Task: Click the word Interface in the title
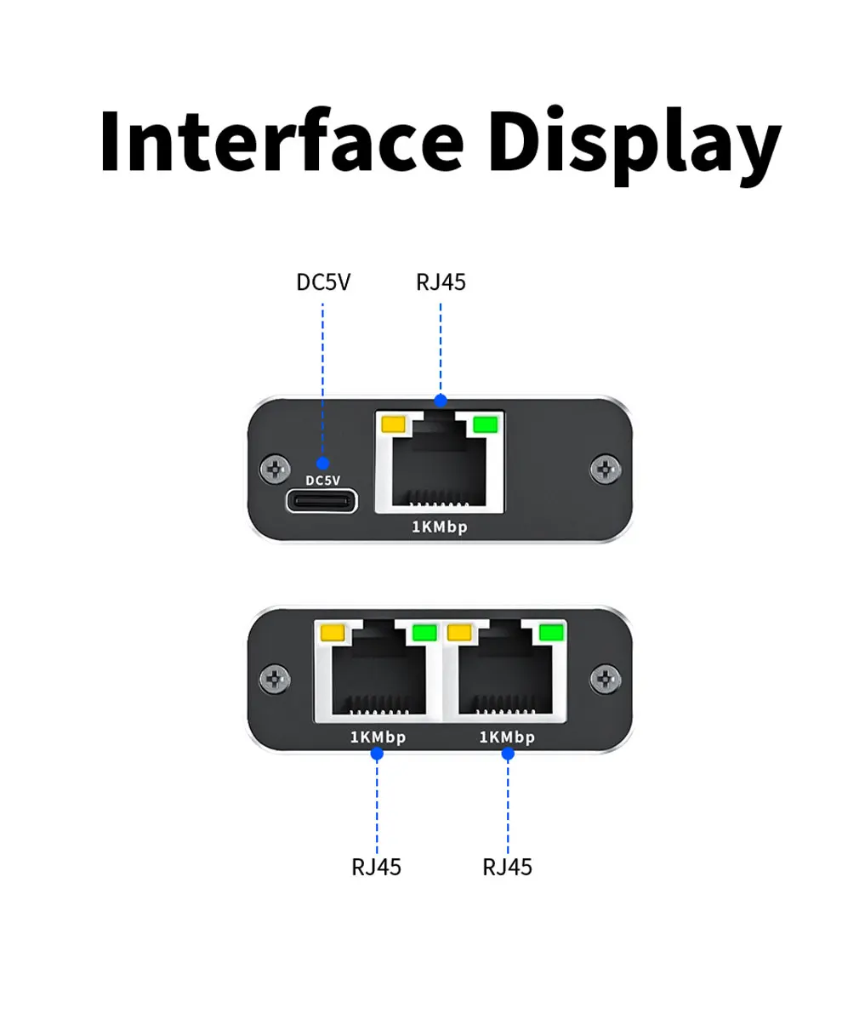point(282,141)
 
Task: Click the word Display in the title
point(634,145)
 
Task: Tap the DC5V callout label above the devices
point(323,282)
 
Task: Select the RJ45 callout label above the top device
point(441,282)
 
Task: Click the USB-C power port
point(321,501)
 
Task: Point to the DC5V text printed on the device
point(323,481)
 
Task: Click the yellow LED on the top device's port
point(393,425)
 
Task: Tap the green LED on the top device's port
point(486,425)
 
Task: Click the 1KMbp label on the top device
point(440,527)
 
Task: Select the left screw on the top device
point(275,469)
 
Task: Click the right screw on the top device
point(606,469)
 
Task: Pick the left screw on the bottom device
point(275,679)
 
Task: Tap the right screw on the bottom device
point(606,679)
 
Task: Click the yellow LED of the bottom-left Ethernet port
point(333,632)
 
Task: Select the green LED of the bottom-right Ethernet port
point(552,632)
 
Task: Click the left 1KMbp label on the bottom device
point(378,737)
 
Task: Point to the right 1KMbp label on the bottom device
point(508,737)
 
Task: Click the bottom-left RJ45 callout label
point(376,867)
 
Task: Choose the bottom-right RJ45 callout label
point(508,867)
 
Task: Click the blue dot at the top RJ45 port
point(441,401)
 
